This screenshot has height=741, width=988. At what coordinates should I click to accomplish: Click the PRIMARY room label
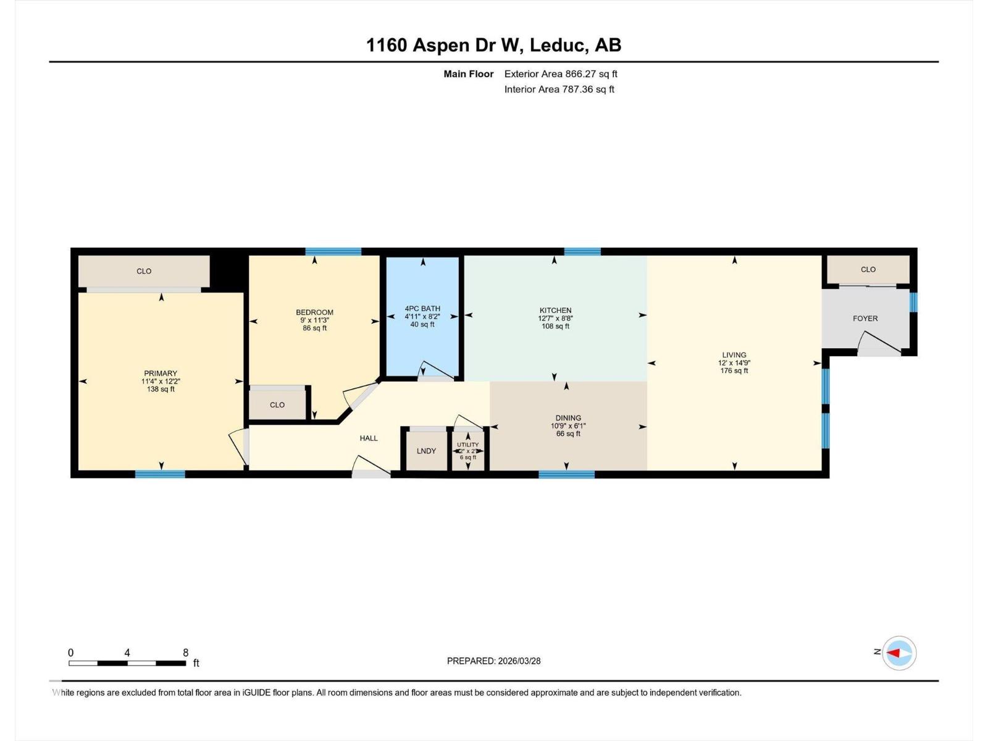pos(161,374)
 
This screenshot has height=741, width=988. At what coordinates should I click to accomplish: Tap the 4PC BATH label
pos(422,309)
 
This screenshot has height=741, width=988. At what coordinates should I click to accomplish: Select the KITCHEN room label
pos(555,311)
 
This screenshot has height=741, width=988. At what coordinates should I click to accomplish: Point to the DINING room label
pos(567,418)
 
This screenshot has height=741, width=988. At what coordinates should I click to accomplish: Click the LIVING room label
pos(734,355)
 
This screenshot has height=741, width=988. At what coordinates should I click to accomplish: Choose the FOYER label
pos(865,319)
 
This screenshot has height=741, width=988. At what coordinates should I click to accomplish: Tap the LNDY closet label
pos(426,451)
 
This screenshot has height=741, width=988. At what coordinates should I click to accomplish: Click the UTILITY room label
pos(467,445)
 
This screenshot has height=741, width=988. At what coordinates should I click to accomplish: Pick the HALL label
pos(369,438)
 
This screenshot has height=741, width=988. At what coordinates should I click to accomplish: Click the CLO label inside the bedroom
pos(277,405)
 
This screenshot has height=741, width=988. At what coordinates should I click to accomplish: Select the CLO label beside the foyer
pos(868,269)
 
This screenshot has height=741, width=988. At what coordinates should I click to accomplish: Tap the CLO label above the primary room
pos(144,271)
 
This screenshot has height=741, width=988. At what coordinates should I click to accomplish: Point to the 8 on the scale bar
pos(185,653)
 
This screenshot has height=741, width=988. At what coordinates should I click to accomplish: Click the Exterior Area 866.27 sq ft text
pos(561,74)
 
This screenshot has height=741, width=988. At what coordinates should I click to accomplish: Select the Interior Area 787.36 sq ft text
pos(559,90)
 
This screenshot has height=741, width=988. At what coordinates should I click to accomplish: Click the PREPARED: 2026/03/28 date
pos(493,661)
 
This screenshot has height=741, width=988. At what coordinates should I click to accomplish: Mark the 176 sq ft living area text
pos(734,371)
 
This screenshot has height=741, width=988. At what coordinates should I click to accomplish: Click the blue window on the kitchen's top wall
pos(582,251)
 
